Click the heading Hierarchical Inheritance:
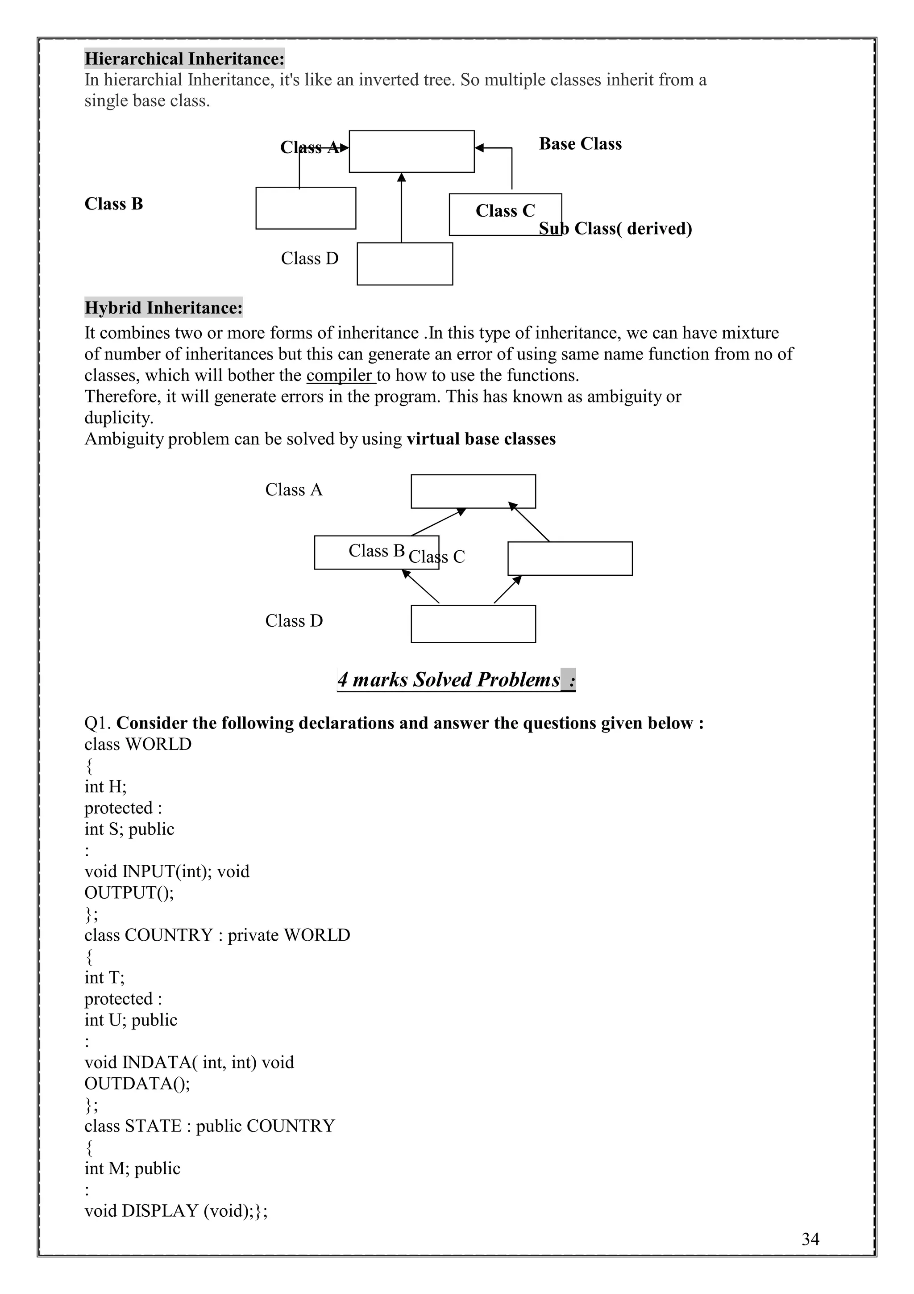pos(184,59)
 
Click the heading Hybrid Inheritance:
pos(163,308)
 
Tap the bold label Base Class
pos(580,144)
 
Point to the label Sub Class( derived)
pos(615,228)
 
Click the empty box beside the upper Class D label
pos(404,264)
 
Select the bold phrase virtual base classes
pos(481,439)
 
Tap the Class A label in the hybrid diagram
pos(294,490)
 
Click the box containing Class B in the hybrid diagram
pos(376,553)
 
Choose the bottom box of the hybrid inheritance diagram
pos(473,624)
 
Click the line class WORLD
pos(138,745)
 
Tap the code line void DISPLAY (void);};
pos(176,1210)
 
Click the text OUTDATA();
pos(137,1083)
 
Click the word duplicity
pos(118,418)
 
